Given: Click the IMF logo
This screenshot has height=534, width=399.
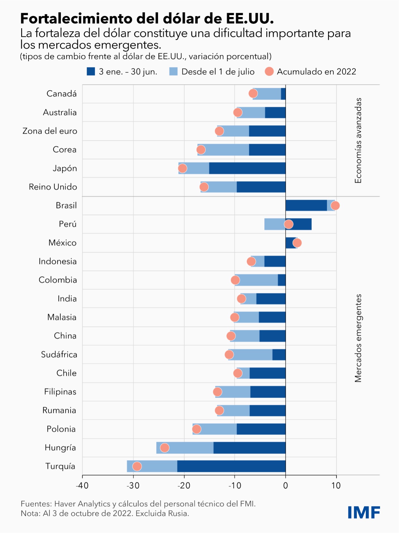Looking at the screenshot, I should [364, 512].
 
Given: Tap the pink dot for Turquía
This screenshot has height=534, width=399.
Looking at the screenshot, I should [137, 466].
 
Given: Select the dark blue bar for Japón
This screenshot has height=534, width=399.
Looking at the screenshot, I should [247, 168].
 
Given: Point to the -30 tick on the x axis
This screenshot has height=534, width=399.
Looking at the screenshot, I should [133, 486].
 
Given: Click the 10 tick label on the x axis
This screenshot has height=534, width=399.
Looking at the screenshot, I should [336, 486].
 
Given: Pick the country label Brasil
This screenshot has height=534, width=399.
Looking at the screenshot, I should [66, 205].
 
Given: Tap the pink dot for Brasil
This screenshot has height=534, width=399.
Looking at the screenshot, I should [335, 206].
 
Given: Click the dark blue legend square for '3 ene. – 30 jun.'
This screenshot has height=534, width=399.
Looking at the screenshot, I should [91, 72].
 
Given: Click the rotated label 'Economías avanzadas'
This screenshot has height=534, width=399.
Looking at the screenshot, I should [358, 140].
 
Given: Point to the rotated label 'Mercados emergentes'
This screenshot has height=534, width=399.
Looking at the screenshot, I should [358, 338].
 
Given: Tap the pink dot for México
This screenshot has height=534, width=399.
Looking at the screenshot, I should [297, 243].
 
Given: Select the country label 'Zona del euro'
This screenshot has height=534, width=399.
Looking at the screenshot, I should [50, 131].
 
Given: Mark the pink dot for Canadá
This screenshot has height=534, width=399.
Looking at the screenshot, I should [253, 94].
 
